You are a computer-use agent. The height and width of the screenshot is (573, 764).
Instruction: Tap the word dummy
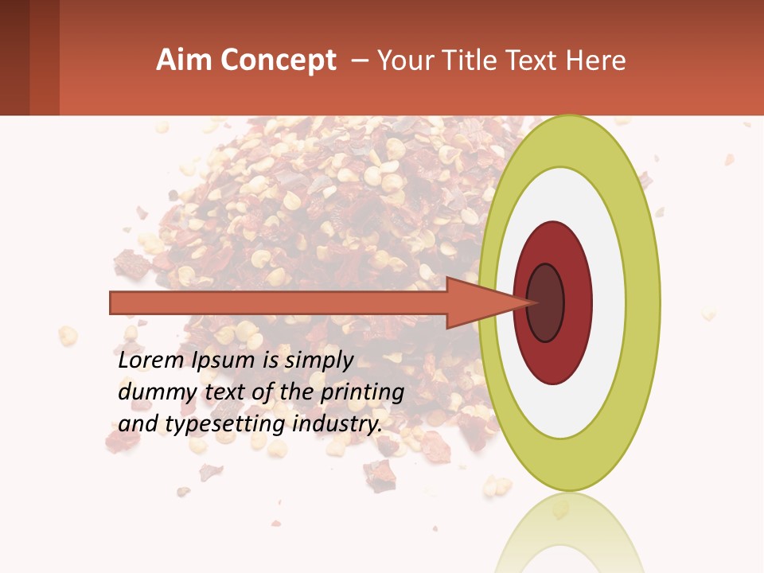tap(153, 392)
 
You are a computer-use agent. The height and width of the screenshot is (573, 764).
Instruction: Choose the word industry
tap(337, 424)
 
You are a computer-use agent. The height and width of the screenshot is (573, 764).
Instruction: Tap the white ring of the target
tap(608, 302)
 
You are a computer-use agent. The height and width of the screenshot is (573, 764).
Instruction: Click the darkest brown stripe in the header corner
tap(14, 57)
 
